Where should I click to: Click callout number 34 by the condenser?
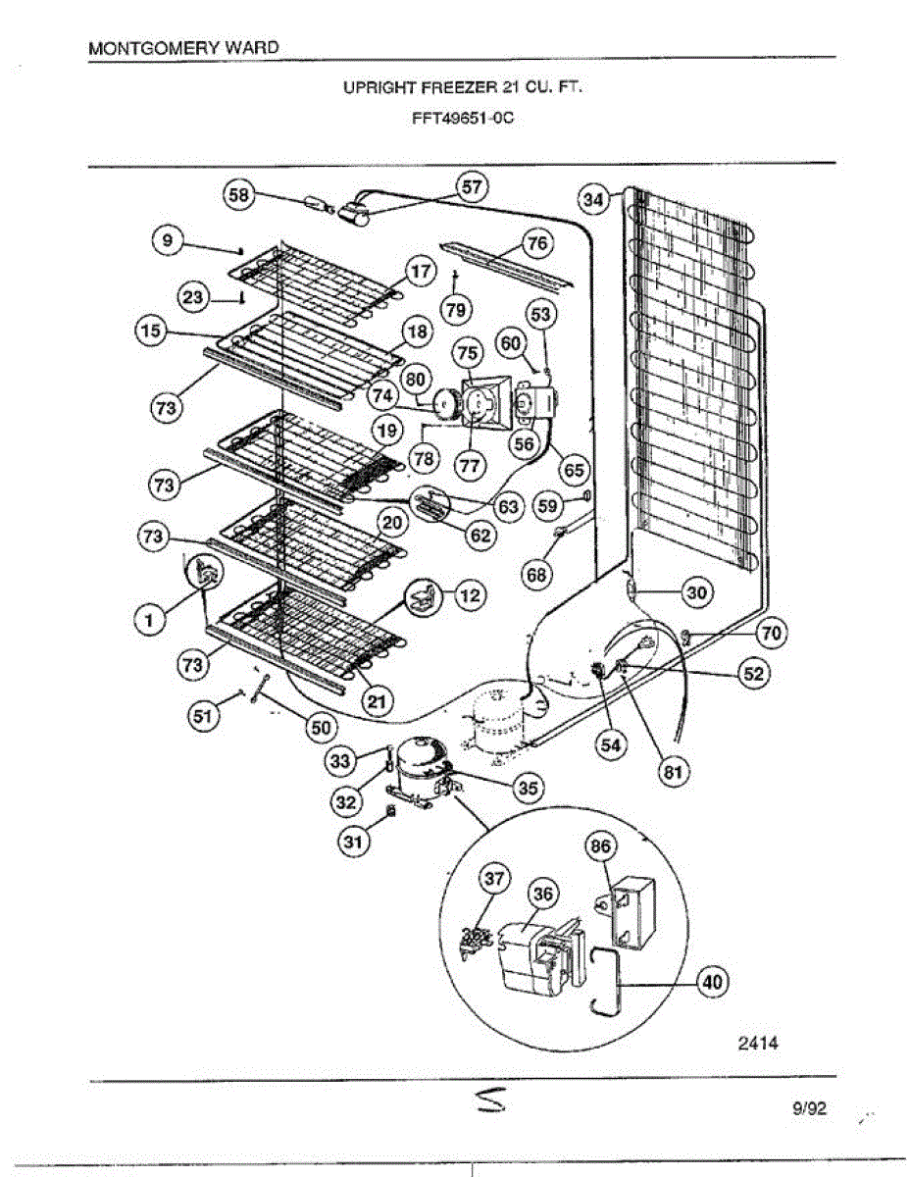pyautogui.click(x=592, y=200)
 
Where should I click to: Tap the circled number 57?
pyautogui.click(x=473, y=187)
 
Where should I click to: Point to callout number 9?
pyautogui.click(x=168, y=240)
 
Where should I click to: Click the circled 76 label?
pyautogui.click(x=535, y=242)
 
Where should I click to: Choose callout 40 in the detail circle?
pyautogui.click(x=713, y=982)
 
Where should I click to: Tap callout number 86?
pyautogui.click(x=599, y=845)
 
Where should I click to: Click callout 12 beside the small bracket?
pyautogui.click(x=471, y=595)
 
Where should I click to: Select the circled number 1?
pyautogui.click(x=149, y=619)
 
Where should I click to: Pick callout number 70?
pyautogui.click(x=772, y=635)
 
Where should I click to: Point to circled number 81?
pyautogui.click(x=672, y=772)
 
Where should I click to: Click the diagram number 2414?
pyautogui.click(x=757, y=1044)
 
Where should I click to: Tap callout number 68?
pyautogui.click(x=536, y=575)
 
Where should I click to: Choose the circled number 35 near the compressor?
pyautogui.click(x=528, y=787)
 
